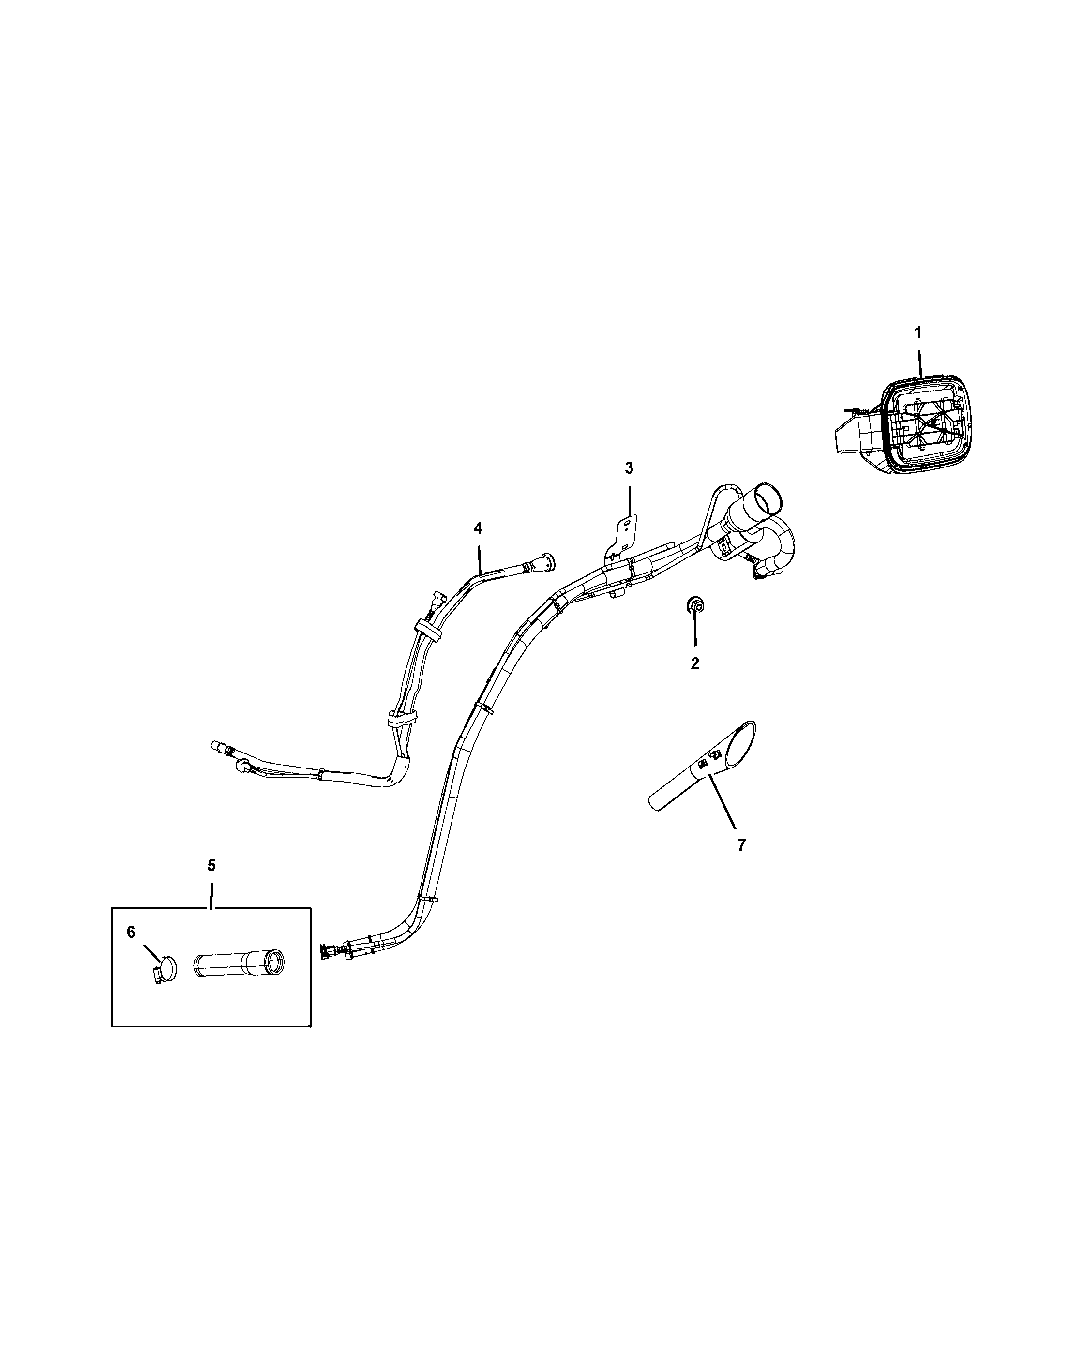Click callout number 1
918,332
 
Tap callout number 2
695,663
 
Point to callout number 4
478,528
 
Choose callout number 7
741,845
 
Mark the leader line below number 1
920,361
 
